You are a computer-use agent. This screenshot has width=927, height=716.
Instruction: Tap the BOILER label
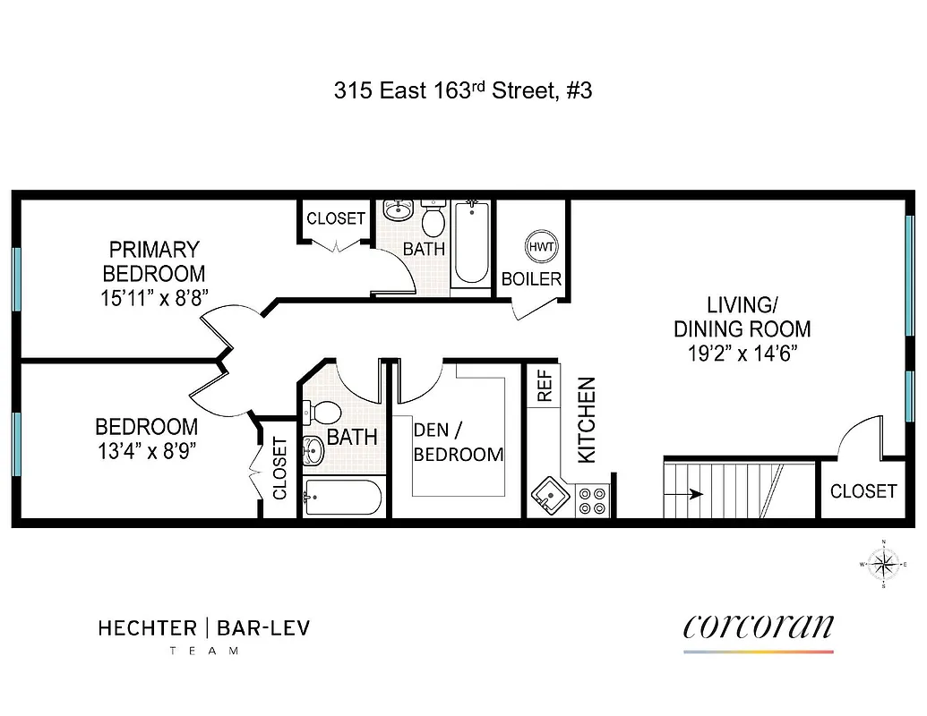click(x=531, y=278)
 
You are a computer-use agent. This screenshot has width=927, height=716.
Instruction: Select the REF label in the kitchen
click(x=544, y=385)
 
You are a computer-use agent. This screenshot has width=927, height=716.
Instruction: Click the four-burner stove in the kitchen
click(x=591, y=499)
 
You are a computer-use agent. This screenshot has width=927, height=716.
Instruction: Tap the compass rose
click(x=884, y=564)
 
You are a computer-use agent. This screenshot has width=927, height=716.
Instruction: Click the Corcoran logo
click(x=758, y=627)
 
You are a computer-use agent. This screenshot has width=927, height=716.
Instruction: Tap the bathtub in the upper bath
click(x=470, y=243)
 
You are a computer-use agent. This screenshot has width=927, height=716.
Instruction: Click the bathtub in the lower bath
click(x=343, y=498)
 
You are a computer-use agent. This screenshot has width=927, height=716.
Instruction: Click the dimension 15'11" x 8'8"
click(x=154, y=297)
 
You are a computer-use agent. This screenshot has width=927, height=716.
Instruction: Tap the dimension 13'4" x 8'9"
click(x=146, y=449)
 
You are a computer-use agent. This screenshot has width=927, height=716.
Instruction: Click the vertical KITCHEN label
click(x=587, y=420)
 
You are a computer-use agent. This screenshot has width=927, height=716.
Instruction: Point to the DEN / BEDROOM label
click(x=458, y=441)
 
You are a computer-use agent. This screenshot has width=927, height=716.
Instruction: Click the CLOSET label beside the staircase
click(x=863, y=490)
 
